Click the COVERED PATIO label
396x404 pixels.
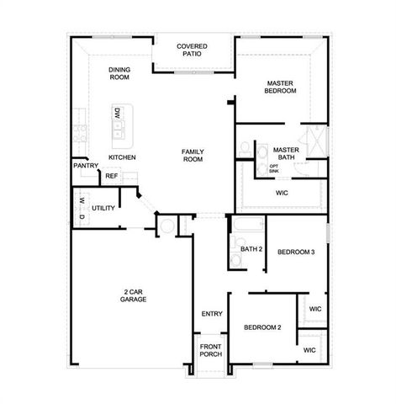pos(192,50)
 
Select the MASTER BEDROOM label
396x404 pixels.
pos(281,87)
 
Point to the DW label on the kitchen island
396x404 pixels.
pos(118,113)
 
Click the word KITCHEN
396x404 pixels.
pos(123,157)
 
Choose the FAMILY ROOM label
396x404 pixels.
pos(193,155)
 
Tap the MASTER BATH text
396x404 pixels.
pos(286,153)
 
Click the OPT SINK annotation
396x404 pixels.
pos(274,168)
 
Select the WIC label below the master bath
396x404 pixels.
pos(282,193)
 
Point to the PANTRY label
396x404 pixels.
pos(86,166)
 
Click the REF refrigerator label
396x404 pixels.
pos(111,176)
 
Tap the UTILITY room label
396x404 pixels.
pos(103,207)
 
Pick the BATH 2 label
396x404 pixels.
pos(252,249)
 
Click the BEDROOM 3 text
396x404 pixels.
pos(296,252)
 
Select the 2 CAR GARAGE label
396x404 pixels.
pos(133,295)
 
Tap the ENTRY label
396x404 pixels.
pos(212,314)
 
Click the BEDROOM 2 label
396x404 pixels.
pos(262,327)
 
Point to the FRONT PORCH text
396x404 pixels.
pos(211,350)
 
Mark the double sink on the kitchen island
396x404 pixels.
pos(119,129)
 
